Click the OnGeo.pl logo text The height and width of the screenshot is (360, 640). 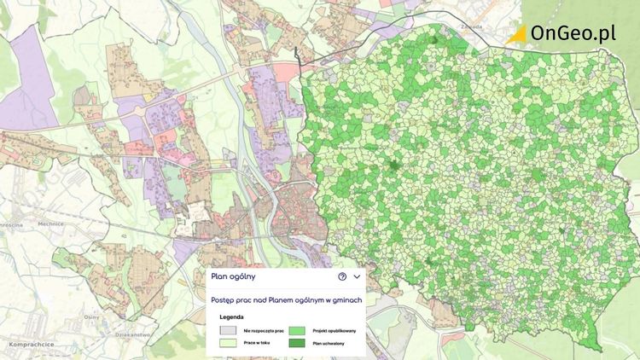(573, 33)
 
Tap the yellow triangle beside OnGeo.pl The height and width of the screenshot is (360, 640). (517, 34)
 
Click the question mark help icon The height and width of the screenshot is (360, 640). (342, 276)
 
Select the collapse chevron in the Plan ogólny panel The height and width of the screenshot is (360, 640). (357, 276)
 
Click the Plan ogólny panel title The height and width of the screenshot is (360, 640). (233, 276)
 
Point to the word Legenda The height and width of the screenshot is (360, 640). (232, 318)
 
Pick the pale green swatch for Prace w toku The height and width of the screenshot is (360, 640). (228, 342)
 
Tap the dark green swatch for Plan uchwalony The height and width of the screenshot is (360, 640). (296, 342)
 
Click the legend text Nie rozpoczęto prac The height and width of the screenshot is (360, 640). (263, 330)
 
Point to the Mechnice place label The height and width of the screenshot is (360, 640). (50, 223)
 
